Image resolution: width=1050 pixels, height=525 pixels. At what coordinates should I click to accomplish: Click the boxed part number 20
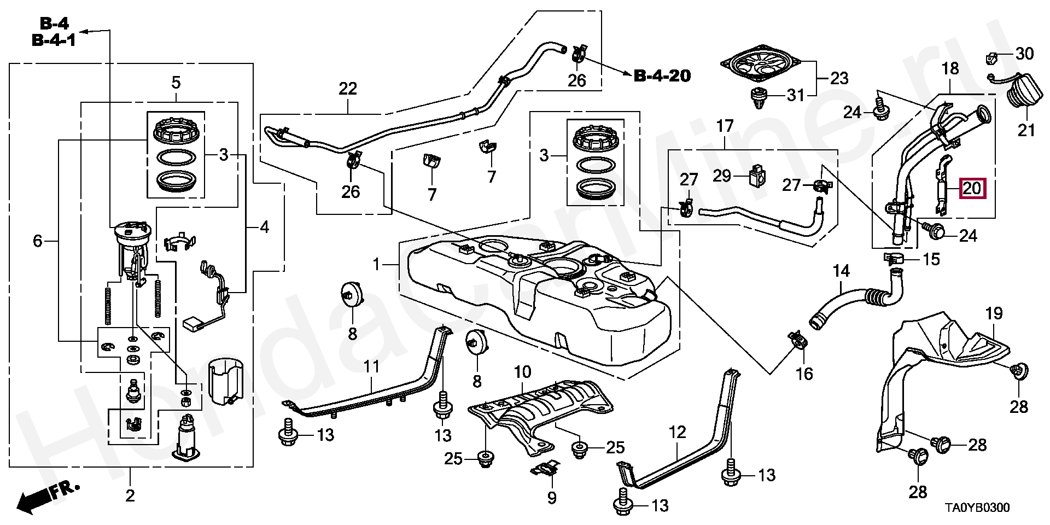[x=972, y=189]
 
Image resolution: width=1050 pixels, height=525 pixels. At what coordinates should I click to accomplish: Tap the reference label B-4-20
[x=662, y=76]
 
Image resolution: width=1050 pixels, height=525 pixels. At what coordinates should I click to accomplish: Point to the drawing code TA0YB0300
[x=978, y=508]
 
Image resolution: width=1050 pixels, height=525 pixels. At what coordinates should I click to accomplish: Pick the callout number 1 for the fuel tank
[x=376, y=265]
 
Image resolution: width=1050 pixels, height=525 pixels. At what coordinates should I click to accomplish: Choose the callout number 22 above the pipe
[x=348, y=89]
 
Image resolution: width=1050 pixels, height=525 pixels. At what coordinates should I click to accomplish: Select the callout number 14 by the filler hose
[x=842, y=271]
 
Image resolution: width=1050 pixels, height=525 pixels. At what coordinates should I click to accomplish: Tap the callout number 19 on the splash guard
[x=994, y=314]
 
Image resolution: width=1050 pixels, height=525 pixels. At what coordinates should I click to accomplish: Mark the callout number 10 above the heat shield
[x=522, y=373]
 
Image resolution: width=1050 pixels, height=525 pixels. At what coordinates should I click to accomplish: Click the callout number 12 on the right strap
[x=677, y=433]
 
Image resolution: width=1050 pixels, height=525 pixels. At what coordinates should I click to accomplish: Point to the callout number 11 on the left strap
[x=371, y=366]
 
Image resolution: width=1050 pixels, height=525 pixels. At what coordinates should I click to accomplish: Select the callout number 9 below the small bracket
[x=551, y=498]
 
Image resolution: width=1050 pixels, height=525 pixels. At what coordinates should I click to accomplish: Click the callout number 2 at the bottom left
[x=130, y=496]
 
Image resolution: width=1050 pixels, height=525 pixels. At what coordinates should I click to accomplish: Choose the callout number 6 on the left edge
[x=37, y=241]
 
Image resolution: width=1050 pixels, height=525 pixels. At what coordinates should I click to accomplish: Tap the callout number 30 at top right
[x=1024, y=54]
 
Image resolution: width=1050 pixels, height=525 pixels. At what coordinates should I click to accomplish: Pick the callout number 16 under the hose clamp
[x=804, y=374]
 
